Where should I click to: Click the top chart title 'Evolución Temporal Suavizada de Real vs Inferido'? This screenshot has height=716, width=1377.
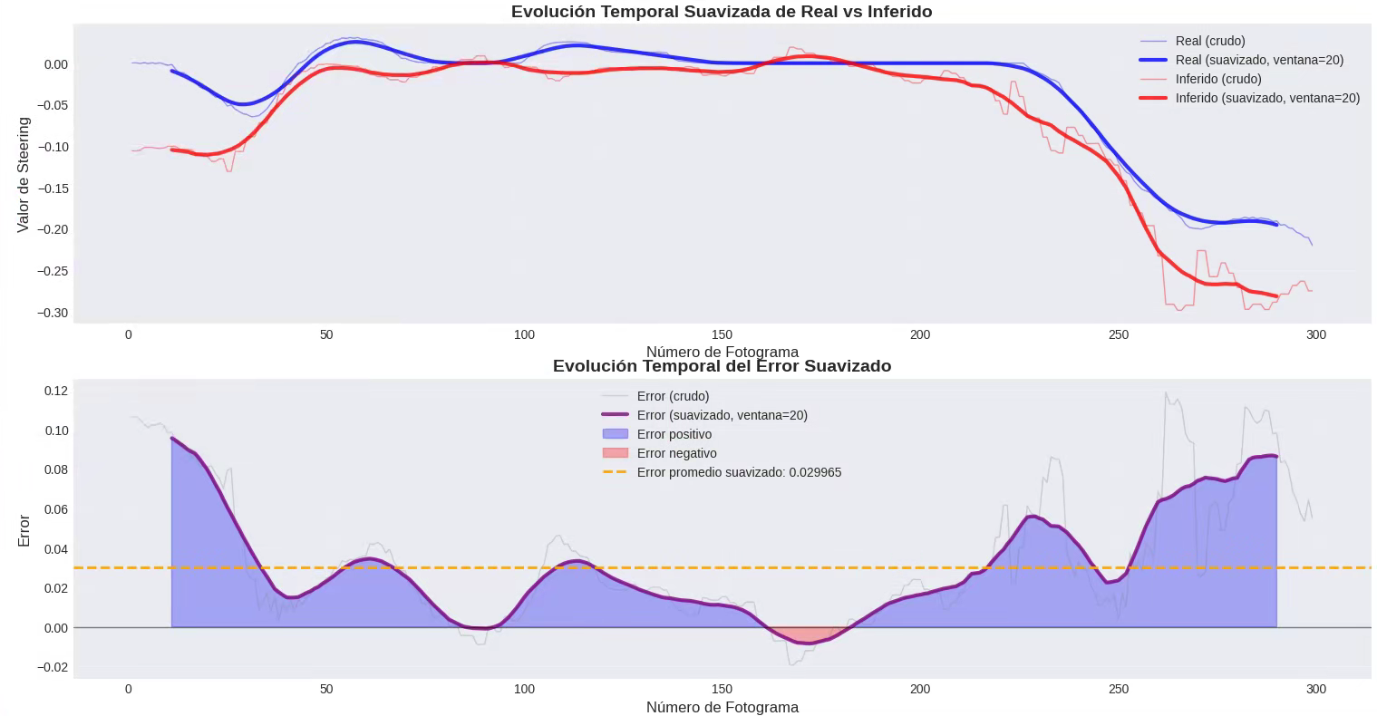click(x=722, y=12)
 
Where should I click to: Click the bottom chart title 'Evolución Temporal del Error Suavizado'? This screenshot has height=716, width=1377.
click(x=722, y=366)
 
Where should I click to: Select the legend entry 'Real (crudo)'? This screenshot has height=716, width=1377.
click(x=1209, y=41)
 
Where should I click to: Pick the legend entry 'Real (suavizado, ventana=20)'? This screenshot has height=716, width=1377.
click(x=1259, y=60)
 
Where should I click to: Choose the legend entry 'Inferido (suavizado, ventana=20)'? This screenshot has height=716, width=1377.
click(x=1267, y=98)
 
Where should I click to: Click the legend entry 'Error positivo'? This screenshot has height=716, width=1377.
click(x=674, y=434)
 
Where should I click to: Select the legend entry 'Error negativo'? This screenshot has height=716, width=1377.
click(x=676, y=453)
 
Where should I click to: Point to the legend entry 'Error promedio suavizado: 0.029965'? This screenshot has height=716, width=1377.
click(x=739, y=472)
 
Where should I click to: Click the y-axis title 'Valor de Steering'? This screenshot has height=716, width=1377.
click(x=24, y=174)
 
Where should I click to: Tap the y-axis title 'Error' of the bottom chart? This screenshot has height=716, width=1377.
click(x=24, y=530)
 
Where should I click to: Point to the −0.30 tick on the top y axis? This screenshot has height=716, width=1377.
click(x=51, y=313)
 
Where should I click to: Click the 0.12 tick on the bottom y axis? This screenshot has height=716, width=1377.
click(x=55, y=391)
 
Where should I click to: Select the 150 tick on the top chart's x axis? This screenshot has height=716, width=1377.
click(x=722, y=334)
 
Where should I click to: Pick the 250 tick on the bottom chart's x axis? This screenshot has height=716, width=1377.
click(x=1118, y=689)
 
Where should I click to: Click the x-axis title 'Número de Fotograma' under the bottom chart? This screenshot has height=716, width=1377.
click(x=722, y=707)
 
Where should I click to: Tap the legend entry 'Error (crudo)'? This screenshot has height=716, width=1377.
click(x=673, y=396)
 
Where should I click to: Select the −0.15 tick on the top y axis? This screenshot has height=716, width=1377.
click(x=51, y=189)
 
